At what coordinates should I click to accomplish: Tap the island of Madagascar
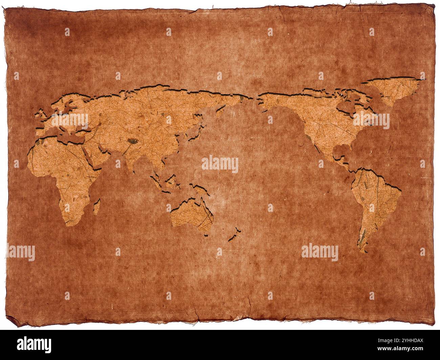tap(97, 206)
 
